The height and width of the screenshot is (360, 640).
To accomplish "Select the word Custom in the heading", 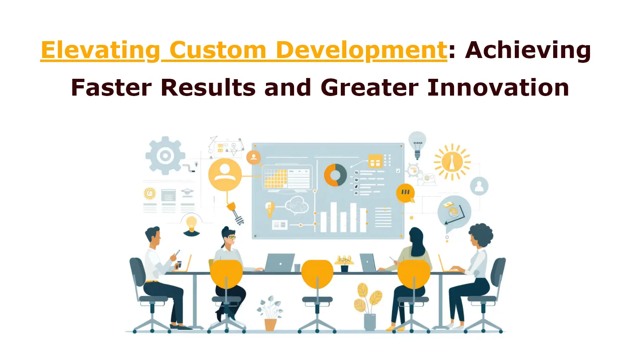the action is click(218, 50).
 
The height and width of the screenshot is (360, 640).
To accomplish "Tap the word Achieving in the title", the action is click(528, 51).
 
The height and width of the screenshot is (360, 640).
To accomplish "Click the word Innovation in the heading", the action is click(498, 88).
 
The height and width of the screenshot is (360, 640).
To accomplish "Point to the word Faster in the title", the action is click(111, 88).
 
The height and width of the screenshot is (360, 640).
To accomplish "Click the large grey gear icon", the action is click(165, 156).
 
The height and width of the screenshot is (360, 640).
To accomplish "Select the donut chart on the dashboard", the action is click(335, 175).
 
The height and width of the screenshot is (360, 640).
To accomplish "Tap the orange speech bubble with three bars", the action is click(406, 193).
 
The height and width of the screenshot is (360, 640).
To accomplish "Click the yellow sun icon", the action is click(452, 162).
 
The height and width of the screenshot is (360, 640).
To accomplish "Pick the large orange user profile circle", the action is click(225, 174).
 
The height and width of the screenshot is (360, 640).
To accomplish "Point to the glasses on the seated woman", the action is click(232, 237).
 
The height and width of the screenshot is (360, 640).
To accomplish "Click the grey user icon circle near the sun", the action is click(479, 186).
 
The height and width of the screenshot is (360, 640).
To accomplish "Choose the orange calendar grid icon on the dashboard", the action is click(376, 161).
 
